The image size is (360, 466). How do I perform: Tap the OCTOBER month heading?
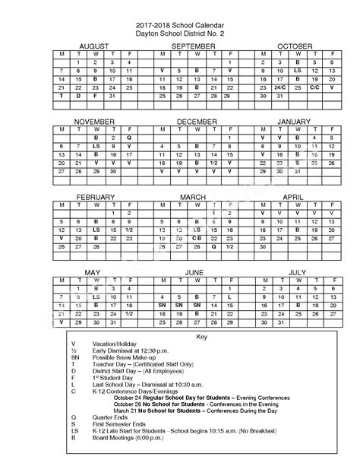point(295,46)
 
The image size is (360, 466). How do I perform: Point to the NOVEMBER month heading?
point(94,122)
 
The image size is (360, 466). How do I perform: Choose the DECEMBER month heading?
point(197,122)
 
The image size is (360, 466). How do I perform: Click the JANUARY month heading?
point(294,122)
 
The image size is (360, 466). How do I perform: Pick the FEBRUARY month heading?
point(94,197)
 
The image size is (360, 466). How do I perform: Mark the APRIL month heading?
point(293,197)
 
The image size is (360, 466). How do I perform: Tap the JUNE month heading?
point(194,271)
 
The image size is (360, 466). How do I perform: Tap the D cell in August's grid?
point(78,97)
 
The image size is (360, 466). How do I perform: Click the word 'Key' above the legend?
point(180,335)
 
